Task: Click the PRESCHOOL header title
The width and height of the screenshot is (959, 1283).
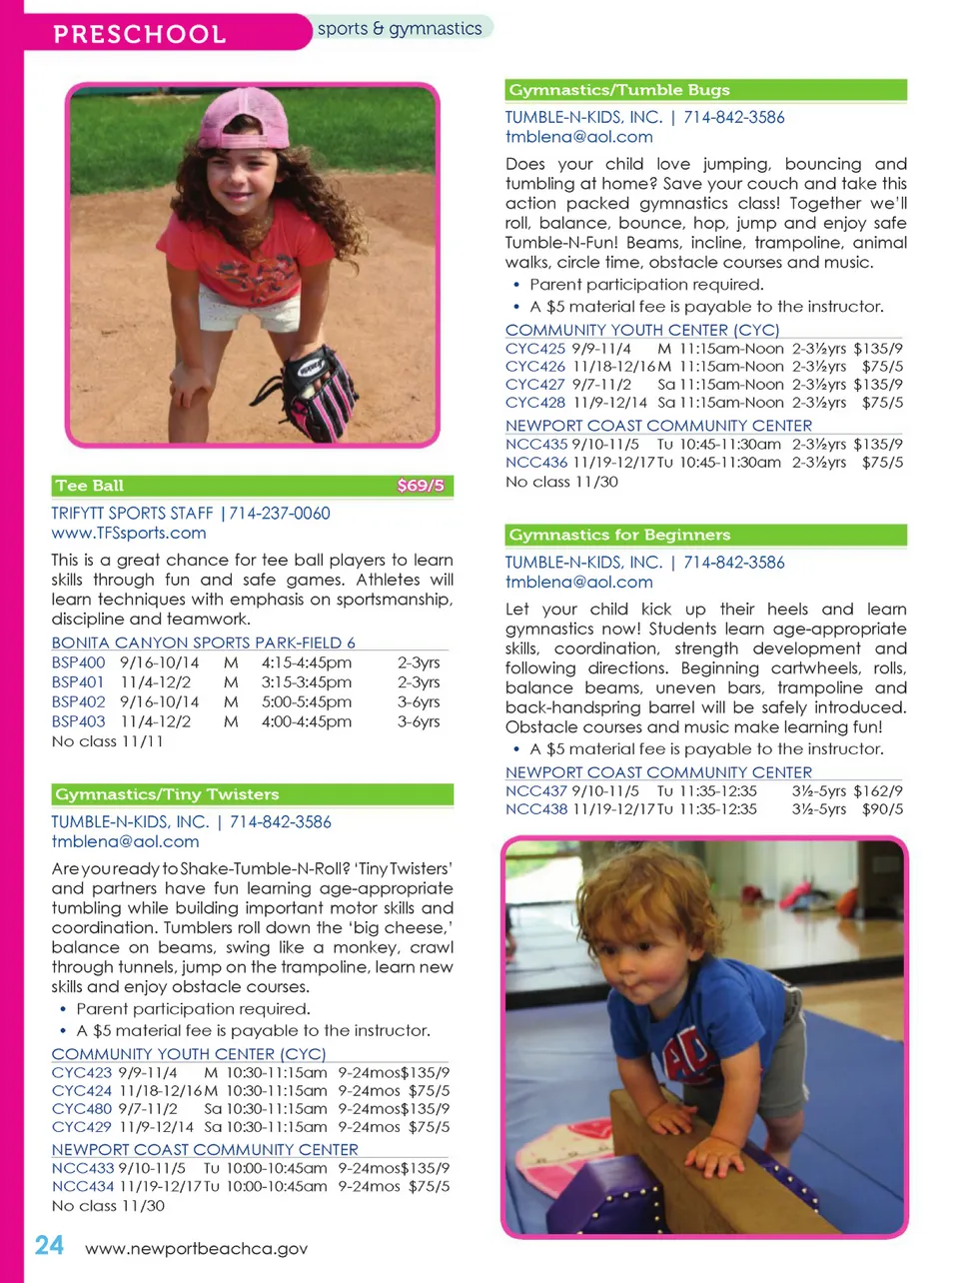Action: [140, 34]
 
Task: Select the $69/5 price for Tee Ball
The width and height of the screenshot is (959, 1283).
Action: [420, 486]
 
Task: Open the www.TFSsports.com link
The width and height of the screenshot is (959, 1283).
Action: [129, 534]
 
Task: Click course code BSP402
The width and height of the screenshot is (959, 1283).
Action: [78, 702]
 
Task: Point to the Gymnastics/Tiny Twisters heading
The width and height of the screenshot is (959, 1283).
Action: [167, 794]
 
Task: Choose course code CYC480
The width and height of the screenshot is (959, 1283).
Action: [81, 1109]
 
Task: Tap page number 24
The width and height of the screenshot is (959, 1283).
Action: [49, 1246]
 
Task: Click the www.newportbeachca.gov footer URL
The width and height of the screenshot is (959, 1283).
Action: [196, 1249]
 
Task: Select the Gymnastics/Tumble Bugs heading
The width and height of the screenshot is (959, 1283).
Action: [619, 90]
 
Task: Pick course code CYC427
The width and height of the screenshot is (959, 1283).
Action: [534, 385]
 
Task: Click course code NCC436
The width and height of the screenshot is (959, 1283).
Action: [535, 463]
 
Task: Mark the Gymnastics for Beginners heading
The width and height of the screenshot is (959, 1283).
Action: [619, 535]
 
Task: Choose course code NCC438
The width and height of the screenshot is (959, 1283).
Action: [535, 809]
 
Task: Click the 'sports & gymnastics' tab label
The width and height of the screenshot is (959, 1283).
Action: [400, 29]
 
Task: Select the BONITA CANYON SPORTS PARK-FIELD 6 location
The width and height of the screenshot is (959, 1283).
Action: [203, 642]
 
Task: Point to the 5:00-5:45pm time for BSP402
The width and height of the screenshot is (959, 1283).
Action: [306, 702]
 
